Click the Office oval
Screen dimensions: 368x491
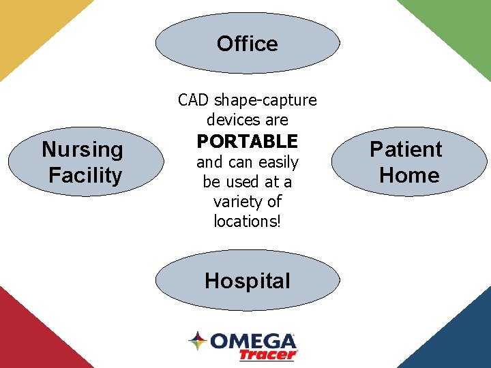248,44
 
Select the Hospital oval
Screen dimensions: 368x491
248,281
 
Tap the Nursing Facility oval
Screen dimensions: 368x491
85,162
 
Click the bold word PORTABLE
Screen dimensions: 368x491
248,142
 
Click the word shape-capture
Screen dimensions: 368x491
265,100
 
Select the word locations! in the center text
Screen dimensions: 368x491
248,221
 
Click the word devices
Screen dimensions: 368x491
228,120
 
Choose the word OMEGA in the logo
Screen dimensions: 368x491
252,341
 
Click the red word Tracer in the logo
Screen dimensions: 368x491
267,354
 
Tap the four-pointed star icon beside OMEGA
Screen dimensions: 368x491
198,341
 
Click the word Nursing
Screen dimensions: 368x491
83,149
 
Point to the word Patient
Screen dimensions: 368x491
406,149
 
